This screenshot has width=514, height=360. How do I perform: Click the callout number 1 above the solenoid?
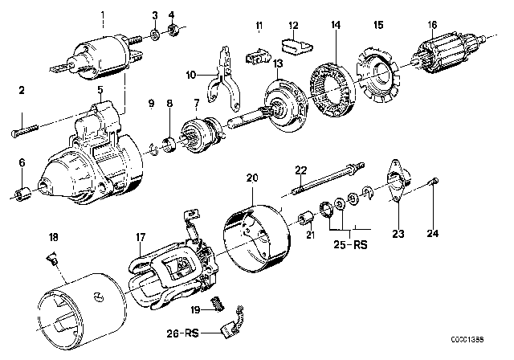click(102, 14)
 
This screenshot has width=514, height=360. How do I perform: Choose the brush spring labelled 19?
click(214, 303)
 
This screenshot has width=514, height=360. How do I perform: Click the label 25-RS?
click(350, 243)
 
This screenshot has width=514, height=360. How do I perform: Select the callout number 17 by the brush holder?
click(140, 237)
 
